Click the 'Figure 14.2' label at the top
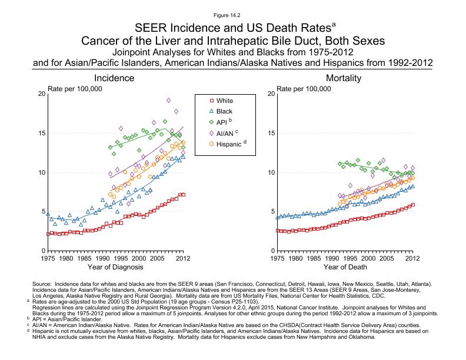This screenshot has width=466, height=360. pos(232,15)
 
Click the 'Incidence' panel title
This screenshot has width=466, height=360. pos(116,78)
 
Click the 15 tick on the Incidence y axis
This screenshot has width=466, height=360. pos(41,133)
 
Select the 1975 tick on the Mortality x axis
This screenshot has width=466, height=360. pos(277,258)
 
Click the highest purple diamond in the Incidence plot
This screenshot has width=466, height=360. pos(169,101)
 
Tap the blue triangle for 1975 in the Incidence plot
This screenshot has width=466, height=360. pos(48,214)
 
